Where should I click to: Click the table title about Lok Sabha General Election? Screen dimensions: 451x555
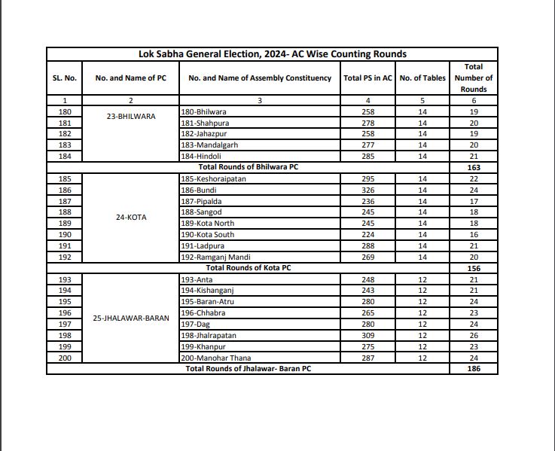272,54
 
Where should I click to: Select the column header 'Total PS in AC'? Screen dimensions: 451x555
367,78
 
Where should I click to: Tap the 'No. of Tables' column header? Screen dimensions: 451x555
422,78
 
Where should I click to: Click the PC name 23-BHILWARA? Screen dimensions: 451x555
131,117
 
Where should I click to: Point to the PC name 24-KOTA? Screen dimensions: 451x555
131,218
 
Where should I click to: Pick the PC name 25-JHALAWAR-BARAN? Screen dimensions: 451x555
131,318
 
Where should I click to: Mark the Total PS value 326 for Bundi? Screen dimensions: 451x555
367,190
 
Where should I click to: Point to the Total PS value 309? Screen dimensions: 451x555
367,336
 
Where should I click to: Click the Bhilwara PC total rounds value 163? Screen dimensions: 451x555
474,167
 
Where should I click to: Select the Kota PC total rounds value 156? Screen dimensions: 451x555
474,268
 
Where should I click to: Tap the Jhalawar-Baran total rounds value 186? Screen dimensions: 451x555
474,369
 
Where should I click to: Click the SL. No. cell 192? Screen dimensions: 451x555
65,257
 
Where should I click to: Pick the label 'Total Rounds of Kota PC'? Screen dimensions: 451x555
249,268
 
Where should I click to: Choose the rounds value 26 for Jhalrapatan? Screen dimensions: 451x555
474,336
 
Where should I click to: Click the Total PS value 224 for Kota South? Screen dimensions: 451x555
367,235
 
